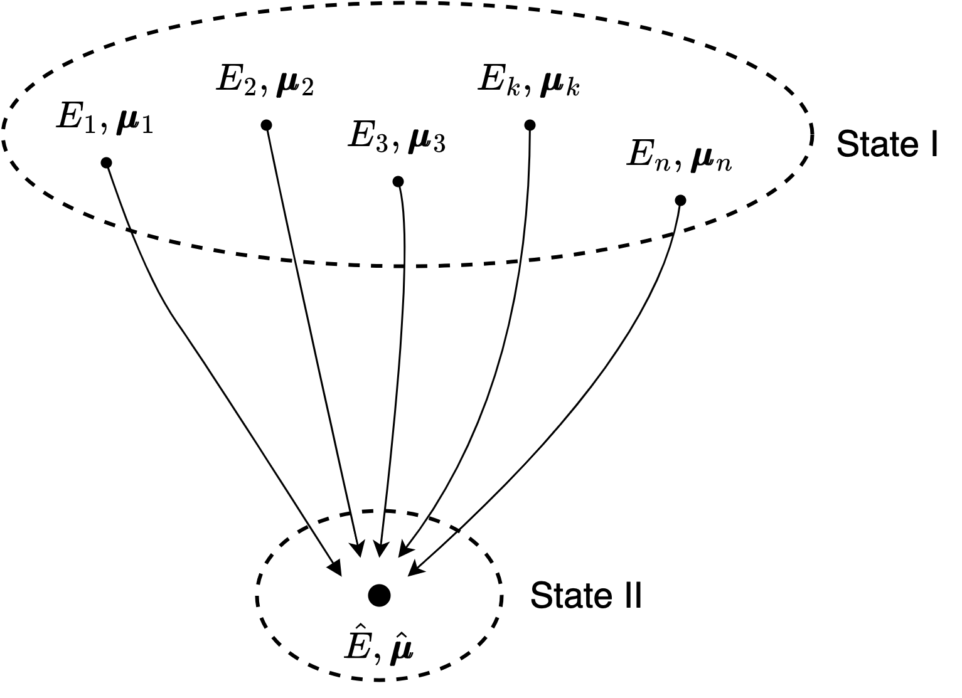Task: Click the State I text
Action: tap(887, 145)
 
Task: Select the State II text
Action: tap(586, 595)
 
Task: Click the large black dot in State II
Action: tap(379, 595)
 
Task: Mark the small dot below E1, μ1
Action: tap(106, 163)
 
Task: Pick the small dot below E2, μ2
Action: tap(266, 125)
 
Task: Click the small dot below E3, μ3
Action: tap(397, 182)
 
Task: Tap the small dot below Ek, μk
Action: tap(530, 125)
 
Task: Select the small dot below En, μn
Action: tap(680, 201)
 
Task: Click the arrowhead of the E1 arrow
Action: tap(336, 568)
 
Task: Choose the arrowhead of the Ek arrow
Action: tap(403, 550)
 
